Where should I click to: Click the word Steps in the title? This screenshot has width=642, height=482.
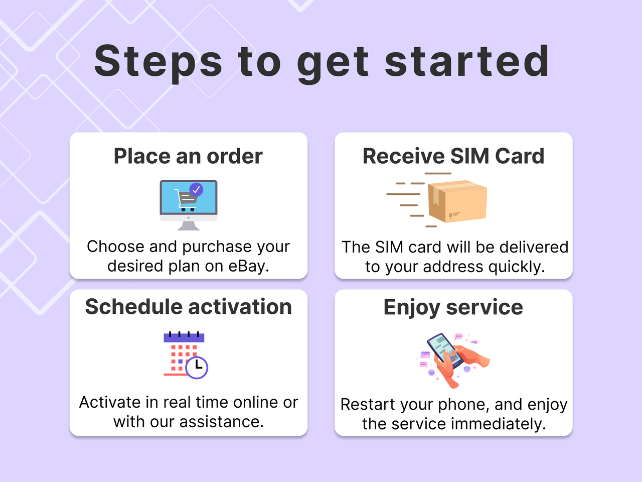[x=158, y=61]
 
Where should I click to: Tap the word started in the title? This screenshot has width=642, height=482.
[x=467, y=61]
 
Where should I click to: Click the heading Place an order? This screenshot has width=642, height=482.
[x=188, y=156]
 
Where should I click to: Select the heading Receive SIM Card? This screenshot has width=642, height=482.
[x=453, y=156]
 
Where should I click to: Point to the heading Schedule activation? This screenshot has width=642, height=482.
[x=188, y=307]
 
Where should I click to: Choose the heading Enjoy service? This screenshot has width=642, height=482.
[x=453, y=307]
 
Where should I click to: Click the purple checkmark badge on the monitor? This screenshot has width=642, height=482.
[x=196, y=190]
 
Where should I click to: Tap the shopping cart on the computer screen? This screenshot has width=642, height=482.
[x=185, y=200]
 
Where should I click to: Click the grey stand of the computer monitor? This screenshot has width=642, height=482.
[x=189, y=225]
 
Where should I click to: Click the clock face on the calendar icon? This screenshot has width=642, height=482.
[x=197, y=367]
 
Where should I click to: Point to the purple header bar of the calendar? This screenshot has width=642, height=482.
[x=184, y=338]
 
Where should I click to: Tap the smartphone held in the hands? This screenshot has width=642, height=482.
[x=443, y=351]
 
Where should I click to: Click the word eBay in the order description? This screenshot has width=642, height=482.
[x=248, y=266]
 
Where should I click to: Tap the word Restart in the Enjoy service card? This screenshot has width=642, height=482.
[x=364, y=404]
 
